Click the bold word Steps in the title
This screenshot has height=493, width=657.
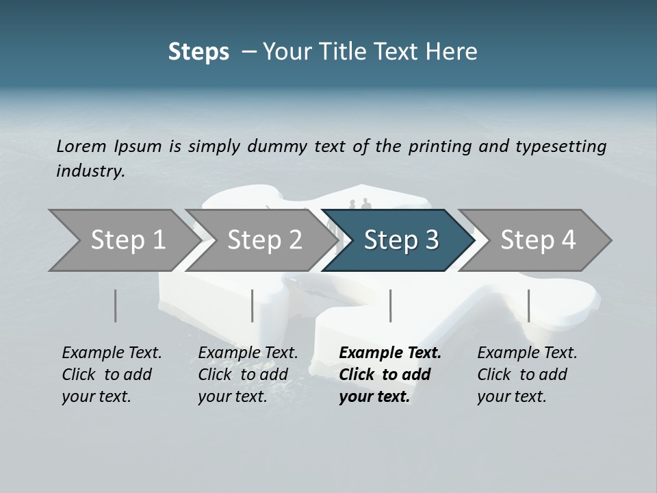tap(198, 52)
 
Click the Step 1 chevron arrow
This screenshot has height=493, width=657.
tap(123, 240)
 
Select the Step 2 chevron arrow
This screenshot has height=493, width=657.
tap(260, 240)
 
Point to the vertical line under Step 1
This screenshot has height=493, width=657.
tap(115, 305)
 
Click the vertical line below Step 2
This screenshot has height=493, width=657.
tap(253, 305)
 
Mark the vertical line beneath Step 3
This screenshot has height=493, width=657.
tap(390, 305)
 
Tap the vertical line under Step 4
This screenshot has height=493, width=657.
tap(528, 305)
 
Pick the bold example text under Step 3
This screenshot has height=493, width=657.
tap(389, 375)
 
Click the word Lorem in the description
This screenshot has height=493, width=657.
tap(81, 146)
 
